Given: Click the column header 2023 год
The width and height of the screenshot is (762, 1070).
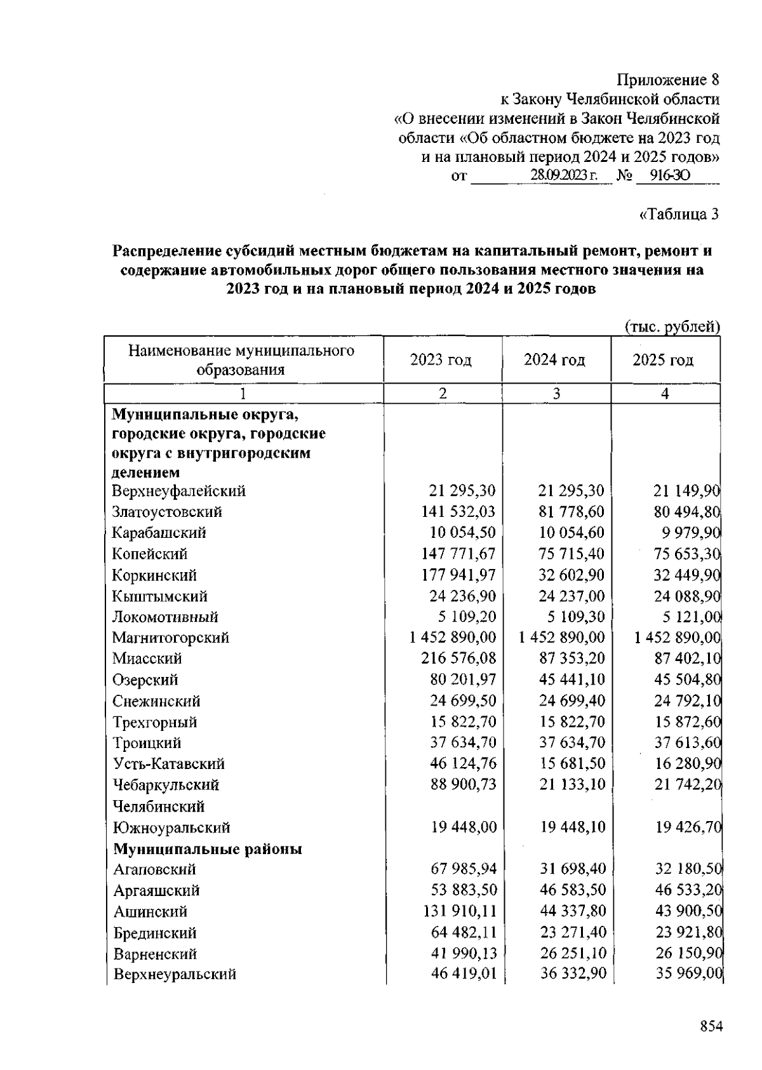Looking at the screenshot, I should coord(441,360).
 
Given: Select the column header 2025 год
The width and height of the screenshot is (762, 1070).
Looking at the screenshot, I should coord(663,360).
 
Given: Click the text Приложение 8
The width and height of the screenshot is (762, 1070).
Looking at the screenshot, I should coord(669,80).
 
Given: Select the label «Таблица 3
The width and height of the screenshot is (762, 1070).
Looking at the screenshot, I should coord(679,214).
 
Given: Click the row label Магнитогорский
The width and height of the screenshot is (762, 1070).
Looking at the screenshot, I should coord(171,638).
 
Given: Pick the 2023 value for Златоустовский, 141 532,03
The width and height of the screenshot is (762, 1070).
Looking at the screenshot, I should coord(458,512).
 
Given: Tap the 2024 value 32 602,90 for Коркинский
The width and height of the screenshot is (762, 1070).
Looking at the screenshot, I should coord(571,575).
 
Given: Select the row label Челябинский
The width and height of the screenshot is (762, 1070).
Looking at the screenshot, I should coord(159,806).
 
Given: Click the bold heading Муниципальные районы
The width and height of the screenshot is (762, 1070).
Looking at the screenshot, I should coord(208,849).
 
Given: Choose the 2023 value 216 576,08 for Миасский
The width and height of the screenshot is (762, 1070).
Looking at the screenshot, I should coord(458,659).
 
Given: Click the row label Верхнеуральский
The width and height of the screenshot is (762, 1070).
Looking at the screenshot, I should coord(175,974).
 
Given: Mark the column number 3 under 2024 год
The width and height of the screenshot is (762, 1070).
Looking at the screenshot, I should coord(556,394).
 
